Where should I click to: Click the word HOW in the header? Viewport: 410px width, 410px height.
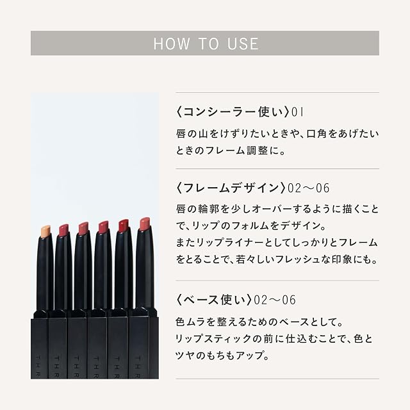coord(172,44)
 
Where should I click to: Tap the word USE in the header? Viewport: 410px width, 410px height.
coord(243,44)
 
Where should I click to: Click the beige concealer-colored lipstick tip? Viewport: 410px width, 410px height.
coord(46,231)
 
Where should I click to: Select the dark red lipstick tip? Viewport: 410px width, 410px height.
coord(123,225)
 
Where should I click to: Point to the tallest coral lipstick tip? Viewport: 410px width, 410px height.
coord(144,224)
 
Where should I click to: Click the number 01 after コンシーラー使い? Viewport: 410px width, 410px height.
coord(297,112)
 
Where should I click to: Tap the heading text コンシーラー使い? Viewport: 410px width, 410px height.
coord(233,112)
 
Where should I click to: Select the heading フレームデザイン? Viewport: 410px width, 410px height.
coord(231,188)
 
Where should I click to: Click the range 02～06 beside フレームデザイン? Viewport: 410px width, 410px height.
coord(309,188)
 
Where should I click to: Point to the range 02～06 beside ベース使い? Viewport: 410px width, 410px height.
coord(275,300)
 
